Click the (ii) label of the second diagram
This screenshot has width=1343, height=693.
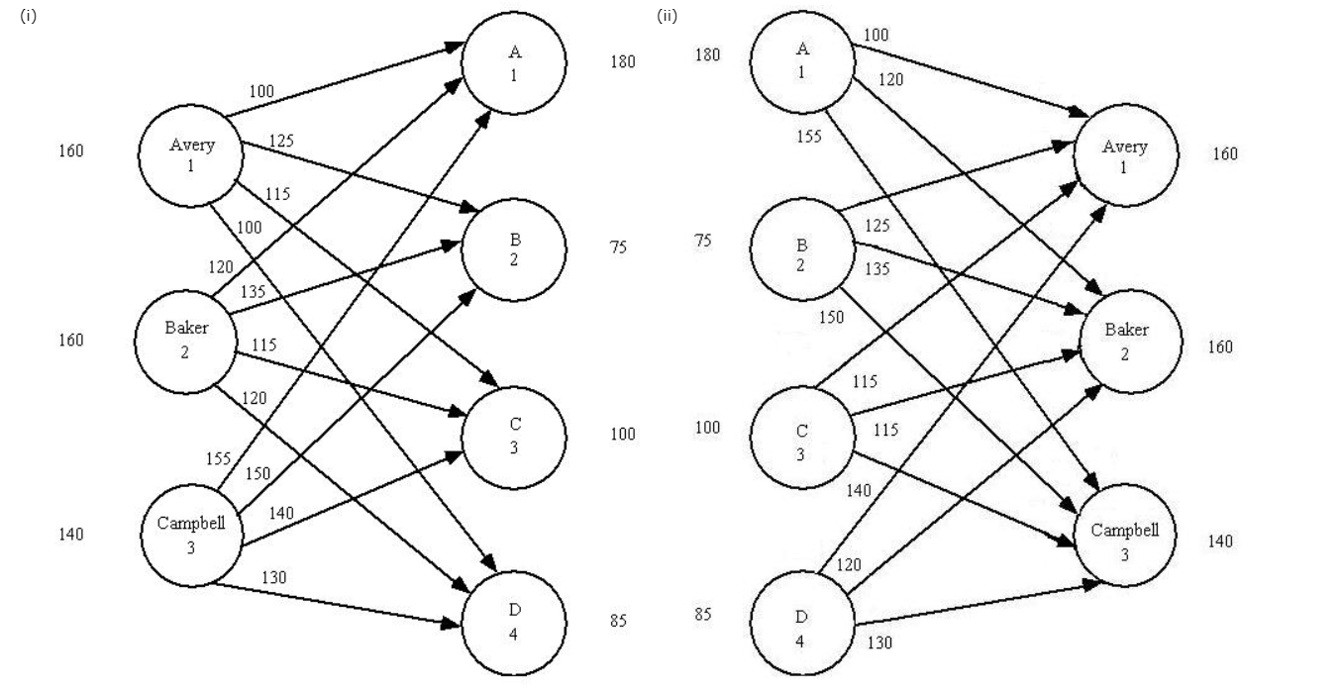click(x=667, y=17)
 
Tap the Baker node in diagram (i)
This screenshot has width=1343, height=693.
click(x=185, y=341)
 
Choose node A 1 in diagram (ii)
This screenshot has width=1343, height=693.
click(x=802, y=61)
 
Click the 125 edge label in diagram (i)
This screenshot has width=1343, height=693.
click(x=280, y=143)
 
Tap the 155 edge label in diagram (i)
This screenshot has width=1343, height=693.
click(x=218, y=458)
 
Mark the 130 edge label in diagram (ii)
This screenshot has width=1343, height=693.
click(x=878, y=643)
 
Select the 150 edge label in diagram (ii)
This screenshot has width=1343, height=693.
click(x=832, y=317)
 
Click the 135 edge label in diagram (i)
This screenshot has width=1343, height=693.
click(x=255, y=291)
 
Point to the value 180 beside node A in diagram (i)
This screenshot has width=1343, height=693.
click(x=623, y=62)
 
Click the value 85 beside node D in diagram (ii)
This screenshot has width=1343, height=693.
click(x=702, y=614)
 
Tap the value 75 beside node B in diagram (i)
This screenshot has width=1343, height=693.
click(x=618, y=247)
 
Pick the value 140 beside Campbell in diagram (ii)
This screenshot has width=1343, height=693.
click(x=1220, y=542)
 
